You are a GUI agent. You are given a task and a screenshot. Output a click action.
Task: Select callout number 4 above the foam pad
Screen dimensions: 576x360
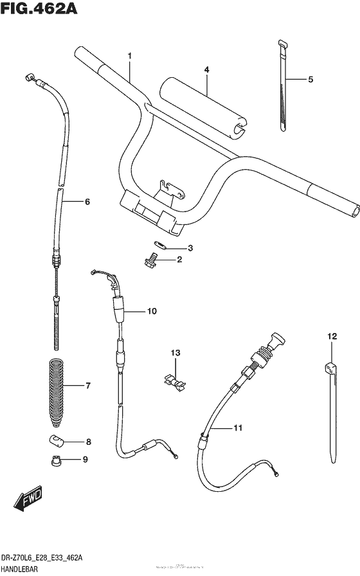click(x=206, y=69)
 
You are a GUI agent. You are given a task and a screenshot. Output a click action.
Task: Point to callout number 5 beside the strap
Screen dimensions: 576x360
click(x=310, y=80)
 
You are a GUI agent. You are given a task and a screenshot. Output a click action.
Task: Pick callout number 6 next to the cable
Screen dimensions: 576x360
click(x=87, y=202)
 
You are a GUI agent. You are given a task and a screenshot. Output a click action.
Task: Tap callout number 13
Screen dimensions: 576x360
click(x=176, y=353)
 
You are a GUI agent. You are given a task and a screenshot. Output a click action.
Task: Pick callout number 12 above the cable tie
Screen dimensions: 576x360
click(x=331, y=336)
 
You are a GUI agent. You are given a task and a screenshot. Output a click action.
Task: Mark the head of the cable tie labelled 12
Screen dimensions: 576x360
click(x=332, y=368)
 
